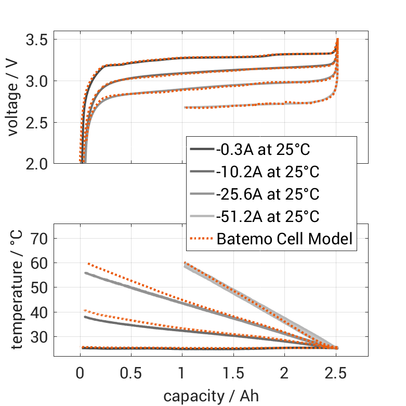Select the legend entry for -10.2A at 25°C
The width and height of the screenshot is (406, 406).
click(x=267, y=172)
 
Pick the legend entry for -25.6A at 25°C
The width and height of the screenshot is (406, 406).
click(x=267, y=194)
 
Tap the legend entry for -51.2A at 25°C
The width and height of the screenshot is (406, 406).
click(x=267, y=216)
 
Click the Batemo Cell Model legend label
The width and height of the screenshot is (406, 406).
click(x=285, y=239)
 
